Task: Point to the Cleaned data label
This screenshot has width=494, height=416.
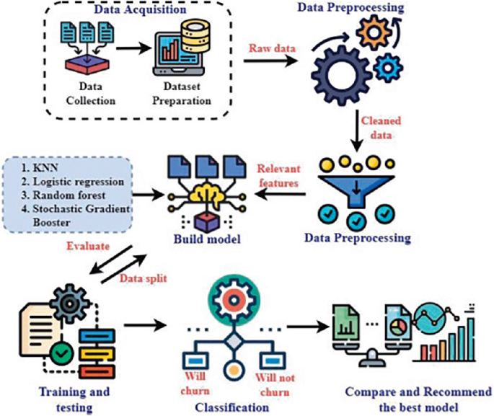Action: click(381, 127)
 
